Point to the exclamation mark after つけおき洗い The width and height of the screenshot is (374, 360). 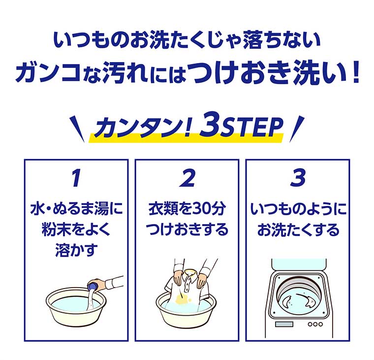pos(355,74)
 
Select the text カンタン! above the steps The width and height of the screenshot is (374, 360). pos(142,129)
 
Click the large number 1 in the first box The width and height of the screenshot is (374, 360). pos(75,179)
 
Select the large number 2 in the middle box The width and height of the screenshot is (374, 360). pos(187,179)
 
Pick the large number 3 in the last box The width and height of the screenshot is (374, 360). pos(298,179)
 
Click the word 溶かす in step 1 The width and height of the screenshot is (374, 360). pos(75,250)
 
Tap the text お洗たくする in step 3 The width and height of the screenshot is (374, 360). pos(298,230)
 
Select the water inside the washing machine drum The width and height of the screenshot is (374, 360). pos(298,300)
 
